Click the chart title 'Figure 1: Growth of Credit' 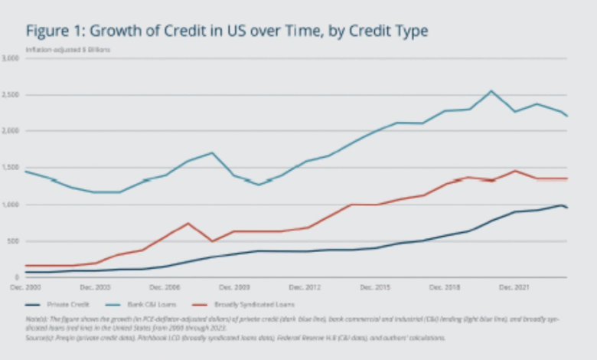(227, 31)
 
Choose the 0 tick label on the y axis (16, 277)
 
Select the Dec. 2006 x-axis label (165, 287)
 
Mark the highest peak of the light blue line (491, 91)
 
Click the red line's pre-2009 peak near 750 (188, 223)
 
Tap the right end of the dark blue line (567, 208)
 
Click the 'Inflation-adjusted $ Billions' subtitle (68, 50)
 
